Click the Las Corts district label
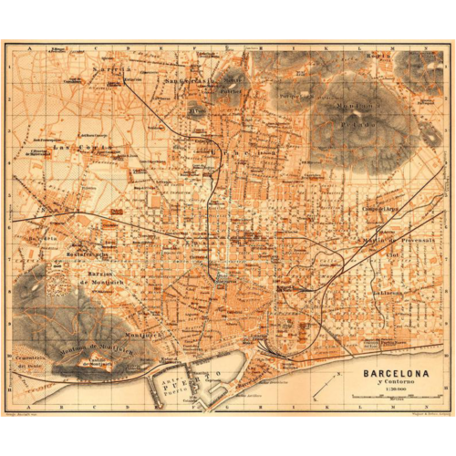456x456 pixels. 69,148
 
